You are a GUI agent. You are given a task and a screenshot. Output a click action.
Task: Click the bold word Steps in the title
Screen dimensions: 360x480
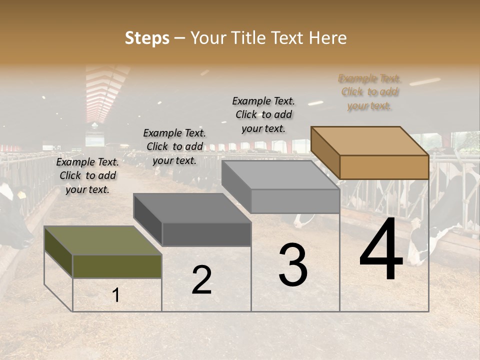[147, 38]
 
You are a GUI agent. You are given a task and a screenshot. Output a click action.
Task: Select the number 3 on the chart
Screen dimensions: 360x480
[292, 266]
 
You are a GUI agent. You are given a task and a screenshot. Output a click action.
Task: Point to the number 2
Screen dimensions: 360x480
[201, 280]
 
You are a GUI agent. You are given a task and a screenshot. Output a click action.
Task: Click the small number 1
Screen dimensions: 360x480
[116, 295]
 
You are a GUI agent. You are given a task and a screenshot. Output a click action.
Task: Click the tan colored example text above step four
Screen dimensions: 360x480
[369, 92]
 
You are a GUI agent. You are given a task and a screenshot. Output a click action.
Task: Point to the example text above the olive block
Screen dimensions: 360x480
[87, 175]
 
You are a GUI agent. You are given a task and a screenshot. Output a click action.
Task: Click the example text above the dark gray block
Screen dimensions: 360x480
[174, 146]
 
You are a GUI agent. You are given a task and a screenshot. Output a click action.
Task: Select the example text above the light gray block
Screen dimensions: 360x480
[263, 114]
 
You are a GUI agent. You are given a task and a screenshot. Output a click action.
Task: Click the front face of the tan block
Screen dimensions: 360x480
[384, 167]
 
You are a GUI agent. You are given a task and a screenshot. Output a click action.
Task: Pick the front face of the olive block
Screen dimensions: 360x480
[117, 266]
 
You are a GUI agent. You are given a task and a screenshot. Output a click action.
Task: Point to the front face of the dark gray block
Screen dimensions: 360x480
[206, 234]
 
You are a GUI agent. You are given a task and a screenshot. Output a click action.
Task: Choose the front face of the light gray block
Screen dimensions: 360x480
[295, 201]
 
